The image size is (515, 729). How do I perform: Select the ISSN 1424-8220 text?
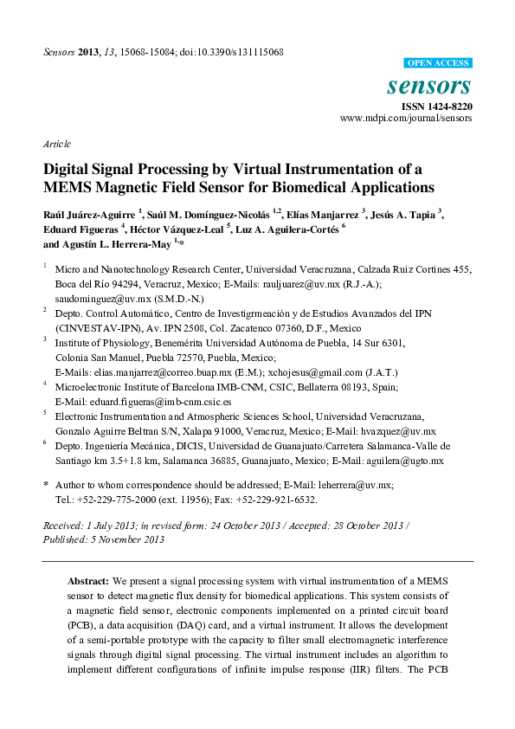click(437, 106)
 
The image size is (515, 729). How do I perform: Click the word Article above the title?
click(56, 144)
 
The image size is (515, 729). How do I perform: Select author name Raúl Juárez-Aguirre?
click(82, 213)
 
